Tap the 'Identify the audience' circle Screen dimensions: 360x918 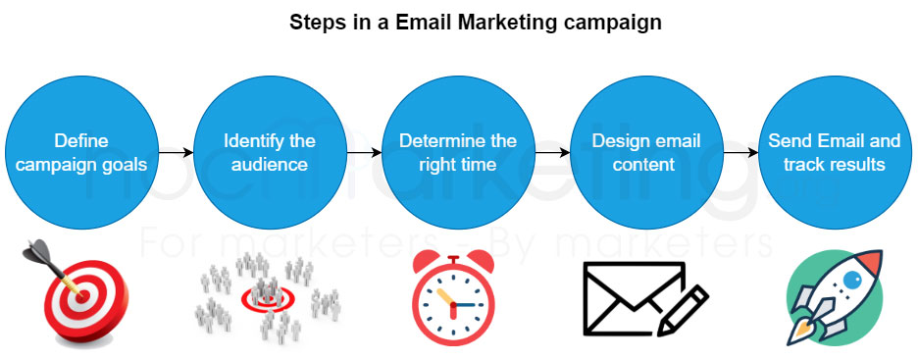click(x=269, y=152)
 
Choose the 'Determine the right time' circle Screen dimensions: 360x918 click(x=457, y=152)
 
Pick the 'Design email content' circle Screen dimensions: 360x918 click(x=645, y=152)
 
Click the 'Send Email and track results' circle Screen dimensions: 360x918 click(x=834, y=152)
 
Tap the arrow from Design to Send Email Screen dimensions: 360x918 click(x=739, y=153)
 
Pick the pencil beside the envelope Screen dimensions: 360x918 click(x=686, y=310)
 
